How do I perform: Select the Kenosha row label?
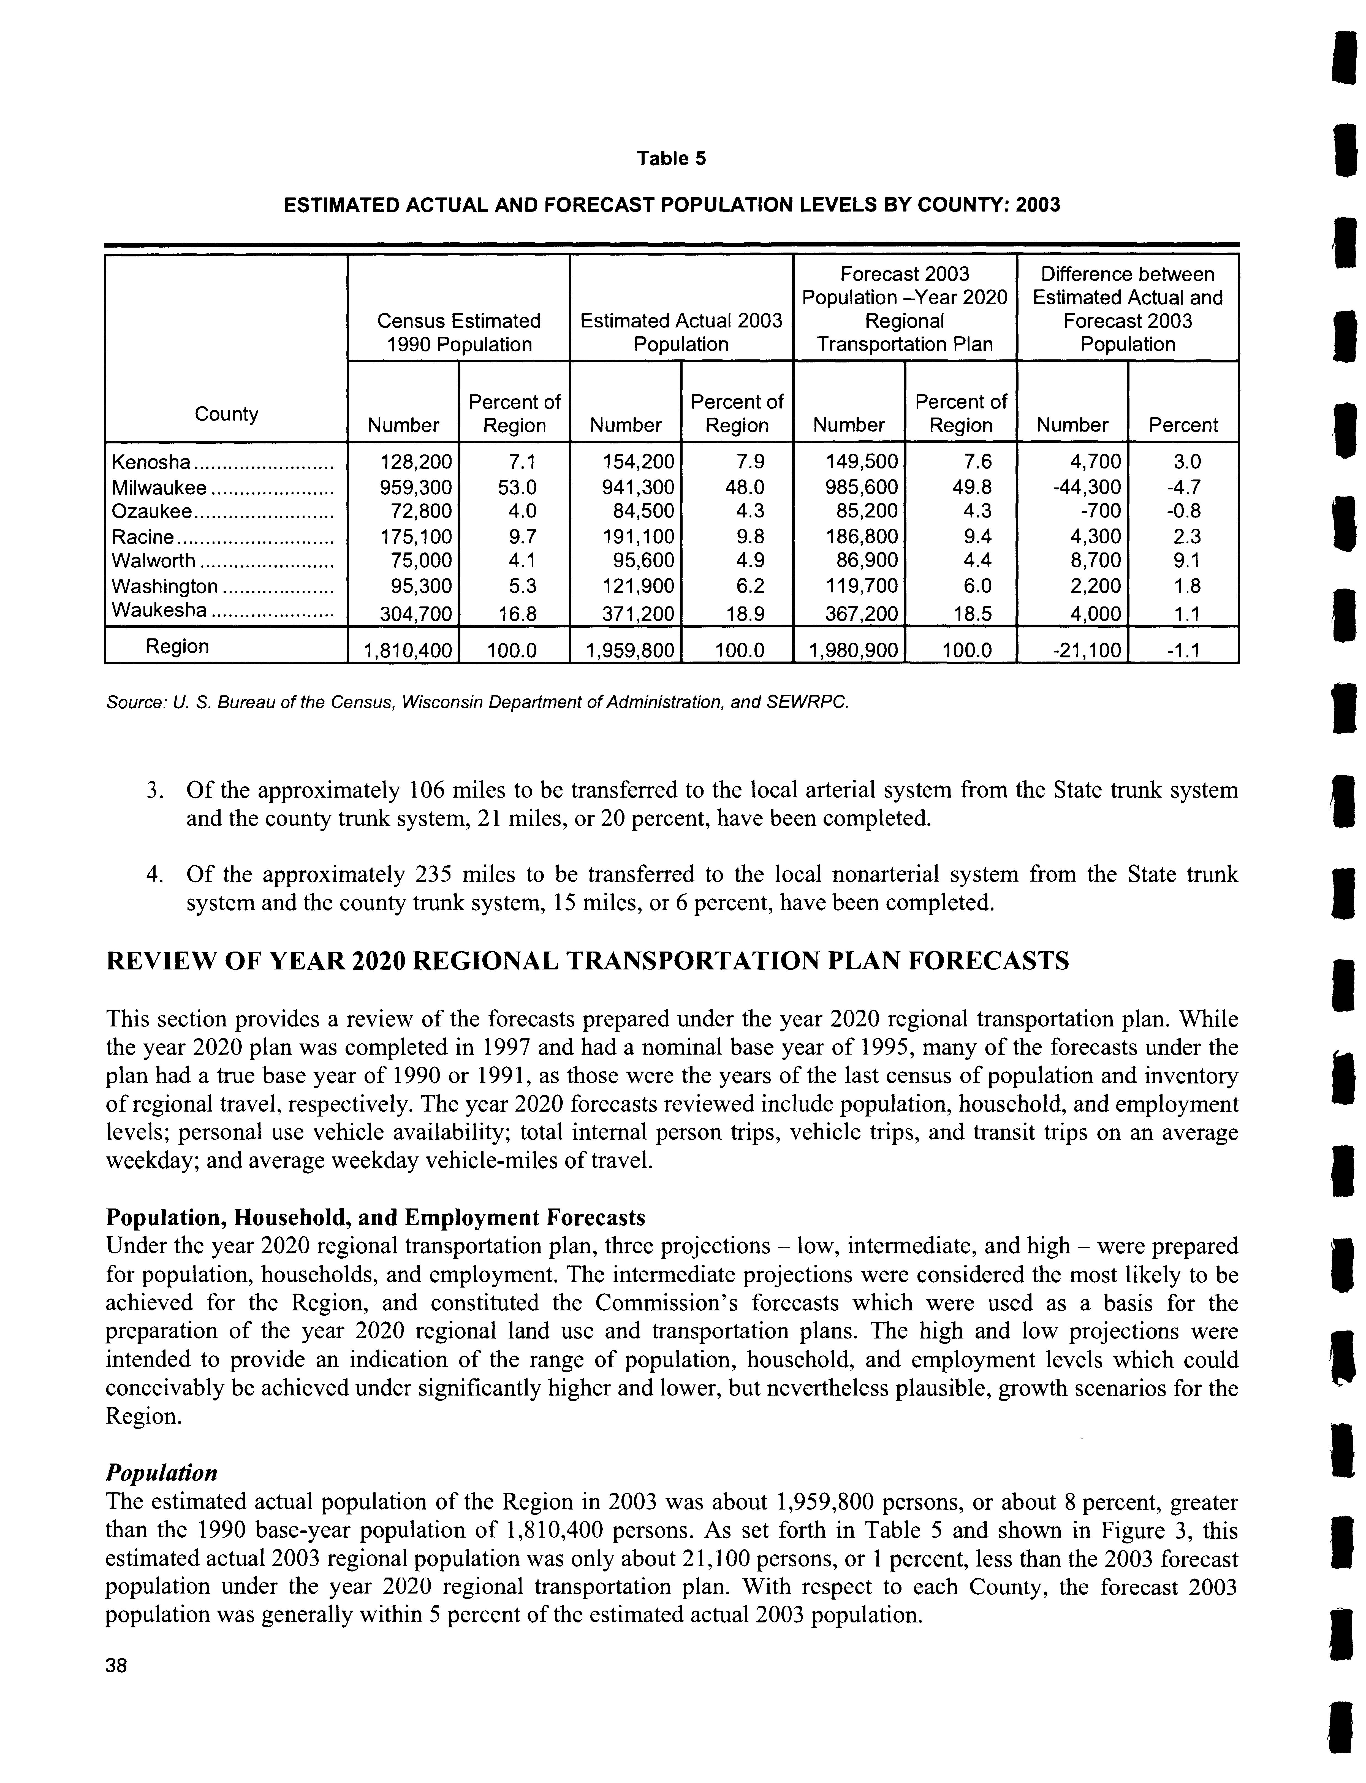150,463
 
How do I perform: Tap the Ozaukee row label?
152,511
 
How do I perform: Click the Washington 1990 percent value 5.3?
514,586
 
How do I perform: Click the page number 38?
116,1666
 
